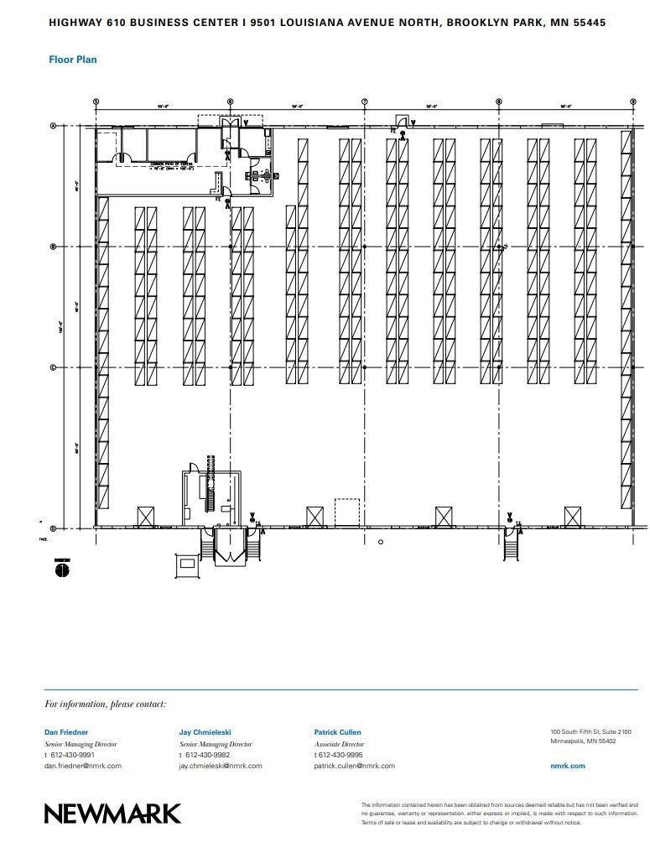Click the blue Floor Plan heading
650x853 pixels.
point(73,60)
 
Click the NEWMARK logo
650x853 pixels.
point(112,813)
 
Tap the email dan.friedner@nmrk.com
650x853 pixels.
point(83,766)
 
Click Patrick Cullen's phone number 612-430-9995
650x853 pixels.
point(342,755)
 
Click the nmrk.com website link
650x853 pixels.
point(567,766)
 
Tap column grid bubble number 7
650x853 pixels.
point(364,102)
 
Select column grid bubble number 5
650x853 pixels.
point(96,102)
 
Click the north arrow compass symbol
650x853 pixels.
point(61,570)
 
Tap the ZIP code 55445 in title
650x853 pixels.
point(588,23)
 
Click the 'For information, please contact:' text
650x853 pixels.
point(106,705)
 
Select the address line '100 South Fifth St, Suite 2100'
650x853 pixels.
point(590,731)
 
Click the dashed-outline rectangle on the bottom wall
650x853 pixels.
point(346,513)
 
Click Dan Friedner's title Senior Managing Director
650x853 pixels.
point(81,744)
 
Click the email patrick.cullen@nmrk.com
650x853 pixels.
point(354,766)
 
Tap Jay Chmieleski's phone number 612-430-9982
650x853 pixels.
point(207,755)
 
